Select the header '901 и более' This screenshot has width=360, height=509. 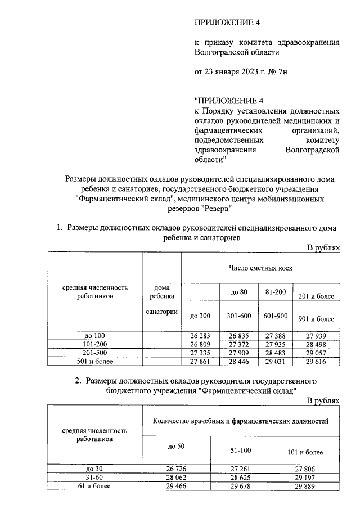coord(316,318)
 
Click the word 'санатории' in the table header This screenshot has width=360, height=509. coord(162,312)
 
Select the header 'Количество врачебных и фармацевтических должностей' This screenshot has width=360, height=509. coord(241,420)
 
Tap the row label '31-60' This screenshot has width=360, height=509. coord(94,476)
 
